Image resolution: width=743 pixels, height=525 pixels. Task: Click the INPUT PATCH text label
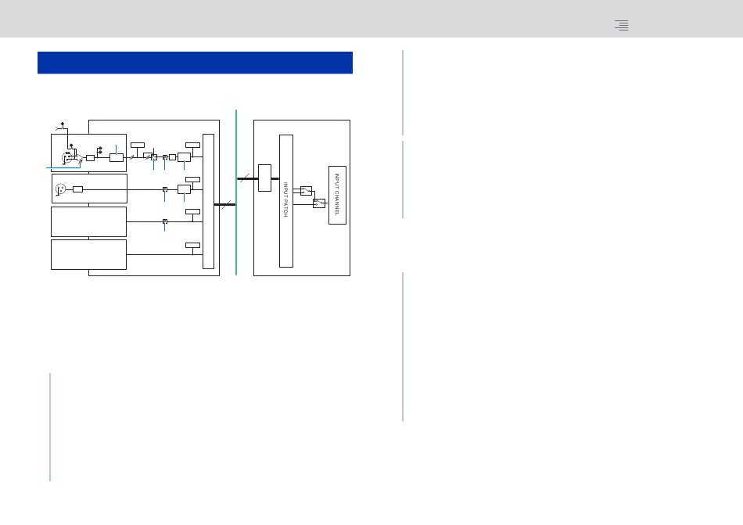285,200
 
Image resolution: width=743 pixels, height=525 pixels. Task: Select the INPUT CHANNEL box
337,196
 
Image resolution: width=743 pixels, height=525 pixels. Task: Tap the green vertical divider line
236,192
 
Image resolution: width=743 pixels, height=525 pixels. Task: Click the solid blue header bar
195,63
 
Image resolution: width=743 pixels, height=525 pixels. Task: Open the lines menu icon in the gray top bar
622,25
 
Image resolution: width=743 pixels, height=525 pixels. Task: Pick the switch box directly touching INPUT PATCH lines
306,191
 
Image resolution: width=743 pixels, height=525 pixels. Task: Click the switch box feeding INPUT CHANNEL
319,203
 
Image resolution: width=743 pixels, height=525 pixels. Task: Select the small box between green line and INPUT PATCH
265,178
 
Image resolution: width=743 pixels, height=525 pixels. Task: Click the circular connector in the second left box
61,189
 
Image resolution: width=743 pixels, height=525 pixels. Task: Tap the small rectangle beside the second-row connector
77,189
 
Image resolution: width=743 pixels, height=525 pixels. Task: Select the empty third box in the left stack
88,221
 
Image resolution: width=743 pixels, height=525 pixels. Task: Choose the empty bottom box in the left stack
88,255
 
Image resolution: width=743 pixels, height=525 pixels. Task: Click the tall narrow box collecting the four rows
209,201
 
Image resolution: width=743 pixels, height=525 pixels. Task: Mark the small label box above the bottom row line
193,246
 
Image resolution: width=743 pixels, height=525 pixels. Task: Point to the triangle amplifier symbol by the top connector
81,157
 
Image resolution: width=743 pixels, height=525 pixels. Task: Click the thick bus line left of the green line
224,205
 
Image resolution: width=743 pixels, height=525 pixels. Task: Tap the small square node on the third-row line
165,221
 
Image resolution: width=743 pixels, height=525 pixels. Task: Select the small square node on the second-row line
165,189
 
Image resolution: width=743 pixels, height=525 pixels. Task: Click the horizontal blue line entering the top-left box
63,167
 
